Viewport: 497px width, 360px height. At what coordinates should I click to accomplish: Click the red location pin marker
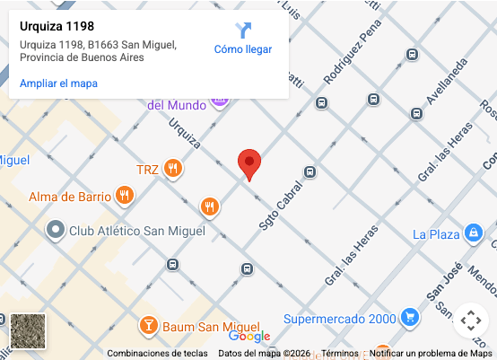pos(249,163)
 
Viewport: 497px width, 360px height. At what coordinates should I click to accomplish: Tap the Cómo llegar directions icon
pos(243,31)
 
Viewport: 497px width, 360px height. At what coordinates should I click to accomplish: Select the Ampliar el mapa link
pos(58,83)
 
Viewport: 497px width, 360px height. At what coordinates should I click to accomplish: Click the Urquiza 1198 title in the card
pos(57,27)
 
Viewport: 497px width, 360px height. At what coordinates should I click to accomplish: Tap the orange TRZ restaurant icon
pos(173,169)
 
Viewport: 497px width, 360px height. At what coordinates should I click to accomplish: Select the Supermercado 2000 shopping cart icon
pos(409,318)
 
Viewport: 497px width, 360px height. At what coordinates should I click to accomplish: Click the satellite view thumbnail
pos(27,331)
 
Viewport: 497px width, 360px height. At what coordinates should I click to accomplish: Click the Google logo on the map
pos(248,336)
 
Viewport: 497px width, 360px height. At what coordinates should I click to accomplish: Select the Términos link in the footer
pos(340,354)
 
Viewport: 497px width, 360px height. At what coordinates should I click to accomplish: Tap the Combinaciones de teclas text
pos(158,354)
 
